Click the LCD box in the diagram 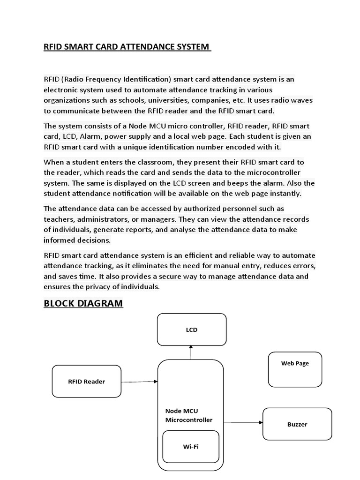191,330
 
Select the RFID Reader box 86,381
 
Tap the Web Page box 295,363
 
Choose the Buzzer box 297,424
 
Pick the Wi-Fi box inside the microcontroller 190,447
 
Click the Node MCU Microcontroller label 188,415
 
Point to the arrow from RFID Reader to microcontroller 139,382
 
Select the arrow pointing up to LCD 191,352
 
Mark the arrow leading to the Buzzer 242,422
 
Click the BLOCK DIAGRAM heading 83,303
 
